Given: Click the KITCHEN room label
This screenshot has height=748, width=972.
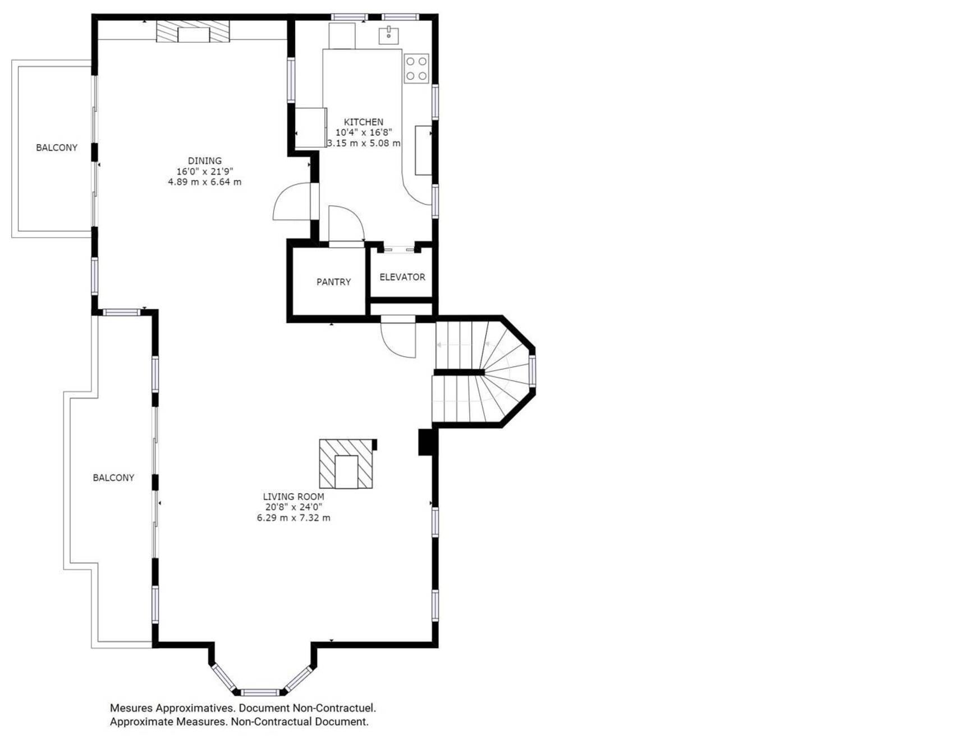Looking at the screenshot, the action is click(364, 122).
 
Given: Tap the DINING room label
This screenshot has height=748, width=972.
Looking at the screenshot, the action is click(205, 160).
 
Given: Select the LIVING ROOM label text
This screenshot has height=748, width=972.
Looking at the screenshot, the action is click(294, 497).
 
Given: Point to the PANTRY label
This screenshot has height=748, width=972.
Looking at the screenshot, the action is click(333, 282).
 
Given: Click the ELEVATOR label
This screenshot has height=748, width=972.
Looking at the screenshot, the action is click(402, 277).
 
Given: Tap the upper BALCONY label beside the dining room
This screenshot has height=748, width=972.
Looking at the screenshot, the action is click(57, 148).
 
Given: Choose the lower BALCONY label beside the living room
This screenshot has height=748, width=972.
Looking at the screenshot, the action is click(113, 478).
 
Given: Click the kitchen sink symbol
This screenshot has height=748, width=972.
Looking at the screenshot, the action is click(388, 35).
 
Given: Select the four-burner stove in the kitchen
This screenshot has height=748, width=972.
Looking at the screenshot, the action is click(416, 68).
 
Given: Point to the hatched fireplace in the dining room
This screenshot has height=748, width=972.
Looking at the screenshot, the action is click(192, 31).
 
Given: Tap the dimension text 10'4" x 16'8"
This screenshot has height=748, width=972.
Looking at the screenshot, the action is click(364, 132).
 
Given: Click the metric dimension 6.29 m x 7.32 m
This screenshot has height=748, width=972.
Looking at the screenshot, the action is click(294, 518).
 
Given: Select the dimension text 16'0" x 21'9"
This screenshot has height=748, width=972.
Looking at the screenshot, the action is click(205, 171).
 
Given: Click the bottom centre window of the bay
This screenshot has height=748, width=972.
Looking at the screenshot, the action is click(260, 692).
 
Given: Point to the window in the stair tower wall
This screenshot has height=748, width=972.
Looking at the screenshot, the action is click(532, 371).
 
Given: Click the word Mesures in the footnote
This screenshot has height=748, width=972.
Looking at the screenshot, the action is click(131, 708).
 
